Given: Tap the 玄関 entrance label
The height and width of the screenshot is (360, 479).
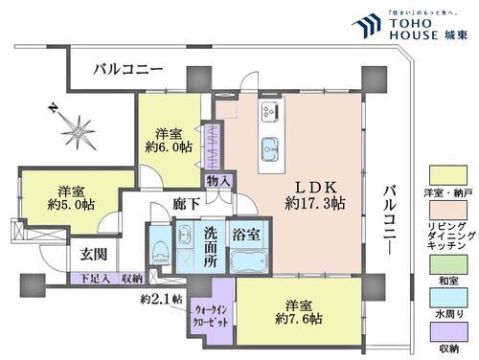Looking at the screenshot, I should click(x=93, y=254).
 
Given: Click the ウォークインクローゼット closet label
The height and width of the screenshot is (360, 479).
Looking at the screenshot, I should click(x=211, y=316).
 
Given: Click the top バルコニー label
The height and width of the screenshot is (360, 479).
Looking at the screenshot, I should click(x=128, y=70).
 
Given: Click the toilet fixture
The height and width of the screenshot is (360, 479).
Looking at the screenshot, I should click(x=159, y=251).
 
